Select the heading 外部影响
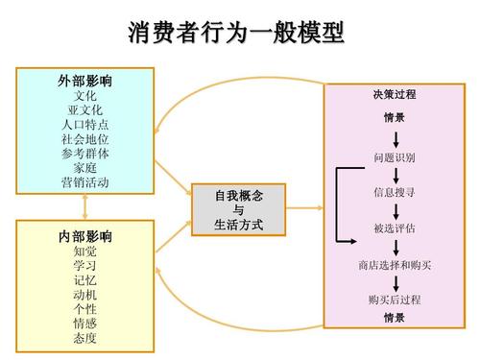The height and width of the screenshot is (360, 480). coord(85,82)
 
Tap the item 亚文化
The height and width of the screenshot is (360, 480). coord(85,110)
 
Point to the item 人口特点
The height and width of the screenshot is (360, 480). coord(85,125)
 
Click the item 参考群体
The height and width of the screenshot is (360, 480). coord(85,154)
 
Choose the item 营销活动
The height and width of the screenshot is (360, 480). coord(85,182)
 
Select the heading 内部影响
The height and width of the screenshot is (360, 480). coord(85,236)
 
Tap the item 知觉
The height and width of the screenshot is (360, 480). coord(85,251)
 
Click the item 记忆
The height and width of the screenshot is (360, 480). coord(85,280)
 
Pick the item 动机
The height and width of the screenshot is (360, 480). coord(85,295)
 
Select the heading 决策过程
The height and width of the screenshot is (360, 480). coord(395,95)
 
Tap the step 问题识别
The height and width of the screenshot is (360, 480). coord(395,156)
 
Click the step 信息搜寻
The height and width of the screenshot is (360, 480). coord(395,192)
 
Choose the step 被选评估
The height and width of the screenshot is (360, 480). coord(395,228)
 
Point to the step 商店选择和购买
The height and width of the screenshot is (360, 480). coord(395,264)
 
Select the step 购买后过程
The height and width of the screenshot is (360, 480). coord(395,300)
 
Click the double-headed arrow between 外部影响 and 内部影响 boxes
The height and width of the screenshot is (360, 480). coord(85,206)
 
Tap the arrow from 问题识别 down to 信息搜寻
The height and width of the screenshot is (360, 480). coord(395,174)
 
